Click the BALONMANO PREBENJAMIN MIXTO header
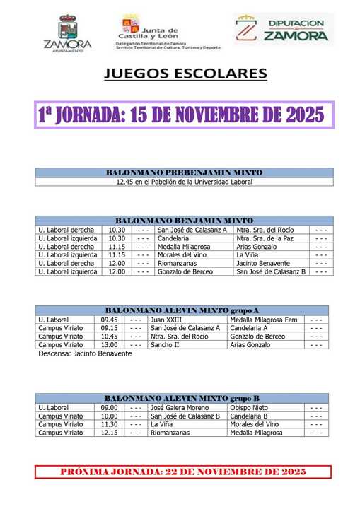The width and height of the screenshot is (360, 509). pos(183,172)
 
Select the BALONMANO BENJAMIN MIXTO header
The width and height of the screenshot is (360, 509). pos(183,221)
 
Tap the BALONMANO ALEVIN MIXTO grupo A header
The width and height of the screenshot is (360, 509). pos(182,310)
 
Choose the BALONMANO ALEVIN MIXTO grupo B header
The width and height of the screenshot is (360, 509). pos(182,399)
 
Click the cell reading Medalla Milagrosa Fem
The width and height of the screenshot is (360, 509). pos(265,320)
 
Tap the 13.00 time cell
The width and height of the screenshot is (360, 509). pos(109,345)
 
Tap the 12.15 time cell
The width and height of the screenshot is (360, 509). pos(109,433)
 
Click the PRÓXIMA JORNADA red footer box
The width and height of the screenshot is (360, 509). pos(183,472)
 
